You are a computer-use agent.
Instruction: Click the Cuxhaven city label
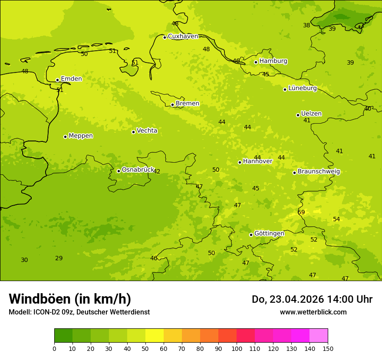point(183,36)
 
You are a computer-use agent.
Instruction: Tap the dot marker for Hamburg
point(256,62)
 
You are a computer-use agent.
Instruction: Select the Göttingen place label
point(269,233)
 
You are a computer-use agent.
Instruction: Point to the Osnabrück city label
point(138,170)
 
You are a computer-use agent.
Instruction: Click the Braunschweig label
point(319,171)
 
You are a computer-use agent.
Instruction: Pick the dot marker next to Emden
point(57,80)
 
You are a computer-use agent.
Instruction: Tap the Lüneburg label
point(303,88)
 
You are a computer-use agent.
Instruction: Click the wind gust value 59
point(301,212)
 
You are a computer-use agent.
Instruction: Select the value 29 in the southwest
point(59,258)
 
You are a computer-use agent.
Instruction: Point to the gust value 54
point(336,219)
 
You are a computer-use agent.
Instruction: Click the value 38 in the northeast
point(306,25)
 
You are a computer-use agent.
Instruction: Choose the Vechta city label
point(147,131)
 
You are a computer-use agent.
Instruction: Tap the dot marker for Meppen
point(65,137)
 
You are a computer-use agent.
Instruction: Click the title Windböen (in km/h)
point(70,299)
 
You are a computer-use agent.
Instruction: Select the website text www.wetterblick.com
point(313,312)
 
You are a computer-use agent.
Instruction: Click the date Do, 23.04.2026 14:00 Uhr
point(312,299)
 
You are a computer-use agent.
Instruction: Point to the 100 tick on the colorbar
point(237,348)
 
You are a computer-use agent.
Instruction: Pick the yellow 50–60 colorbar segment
point(155,336)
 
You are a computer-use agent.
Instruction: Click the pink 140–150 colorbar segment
point(319,336)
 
